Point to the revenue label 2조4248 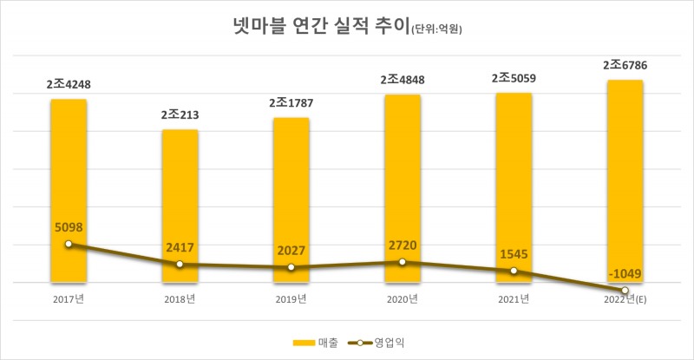coord(69,85)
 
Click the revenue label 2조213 coord(180,115)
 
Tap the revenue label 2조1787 coord(291,103)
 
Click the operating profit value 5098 coord(69,227)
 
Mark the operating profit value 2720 coord(403,244)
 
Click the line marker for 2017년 coord(69,244)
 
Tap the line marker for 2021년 coord(514,271)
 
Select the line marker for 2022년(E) coord(625,290)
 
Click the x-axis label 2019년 coord(291,299)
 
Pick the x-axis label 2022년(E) coord(625,299)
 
